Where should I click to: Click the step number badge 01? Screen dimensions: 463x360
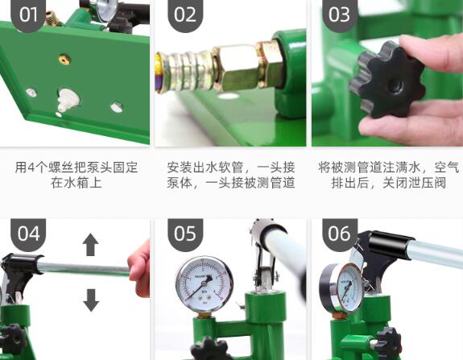[x=28, y=14]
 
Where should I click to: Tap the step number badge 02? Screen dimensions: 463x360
[x=185, y=14]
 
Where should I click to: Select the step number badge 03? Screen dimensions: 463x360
[x=340, y=14]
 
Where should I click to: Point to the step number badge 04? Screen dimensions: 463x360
[x=28, y=234]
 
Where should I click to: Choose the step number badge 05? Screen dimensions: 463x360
[x=185, y=234]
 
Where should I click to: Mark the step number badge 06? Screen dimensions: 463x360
[x=340, y=234]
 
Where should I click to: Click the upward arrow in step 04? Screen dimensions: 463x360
[x=90, y=245]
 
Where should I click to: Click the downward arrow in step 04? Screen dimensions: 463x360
[x=91, y=300]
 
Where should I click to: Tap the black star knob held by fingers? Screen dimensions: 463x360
[x=387, y=80]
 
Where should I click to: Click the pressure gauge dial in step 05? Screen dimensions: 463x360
[x=205, y=284]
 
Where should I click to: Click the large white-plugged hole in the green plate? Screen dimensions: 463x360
[x=68, y=101]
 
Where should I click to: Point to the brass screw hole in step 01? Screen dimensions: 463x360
[x=64, y=59]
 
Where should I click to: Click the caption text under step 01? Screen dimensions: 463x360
[x=76, y=175]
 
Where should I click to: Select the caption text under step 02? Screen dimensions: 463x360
[x=231, y=175]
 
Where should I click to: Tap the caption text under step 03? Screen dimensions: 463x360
[x=389, y=175]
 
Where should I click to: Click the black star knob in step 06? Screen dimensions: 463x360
[x=389, y=342]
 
